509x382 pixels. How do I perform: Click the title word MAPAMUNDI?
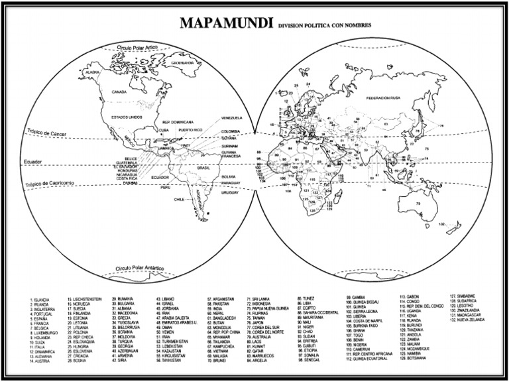225,24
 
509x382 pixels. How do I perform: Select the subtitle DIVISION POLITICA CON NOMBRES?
324,26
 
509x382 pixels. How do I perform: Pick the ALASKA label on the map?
92,72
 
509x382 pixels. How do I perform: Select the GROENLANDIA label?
182,63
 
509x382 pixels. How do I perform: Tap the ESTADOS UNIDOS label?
127,117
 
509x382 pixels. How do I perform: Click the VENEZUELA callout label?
231,117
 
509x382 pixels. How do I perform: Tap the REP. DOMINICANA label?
178,123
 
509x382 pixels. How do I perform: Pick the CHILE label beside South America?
178,198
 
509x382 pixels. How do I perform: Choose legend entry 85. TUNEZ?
306,298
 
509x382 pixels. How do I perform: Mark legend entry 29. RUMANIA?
123,299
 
